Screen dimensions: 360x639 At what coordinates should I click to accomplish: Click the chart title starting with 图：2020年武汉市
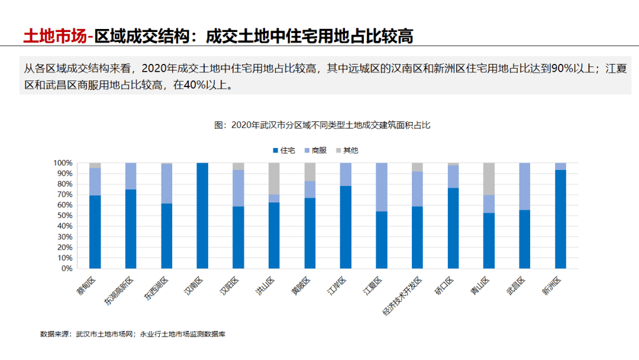pyautogui.click(x=322, y=125)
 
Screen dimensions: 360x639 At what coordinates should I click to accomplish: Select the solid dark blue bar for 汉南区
pyautogui.click(x=202, y=216)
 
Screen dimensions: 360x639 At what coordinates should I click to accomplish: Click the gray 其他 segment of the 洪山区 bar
pyautogui.click(x=274, y=178)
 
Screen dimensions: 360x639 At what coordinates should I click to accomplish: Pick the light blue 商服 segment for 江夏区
pyautogui.click(x=382, y=187)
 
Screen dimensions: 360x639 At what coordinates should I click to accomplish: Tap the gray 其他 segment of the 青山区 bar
pyautogui.click(x=489, y=179)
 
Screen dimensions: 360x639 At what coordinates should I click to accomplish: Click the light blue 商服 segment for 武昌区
pyautogui.click(x=525, y=186)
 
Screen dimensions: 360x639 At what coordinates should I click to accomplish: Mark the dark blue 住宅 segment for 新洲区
pyautogui.click(x=560, y=219)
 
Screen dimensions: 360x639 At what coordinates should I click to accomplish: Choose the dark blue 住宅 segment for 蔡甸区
pyautogui.click(x=95, y=232)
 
